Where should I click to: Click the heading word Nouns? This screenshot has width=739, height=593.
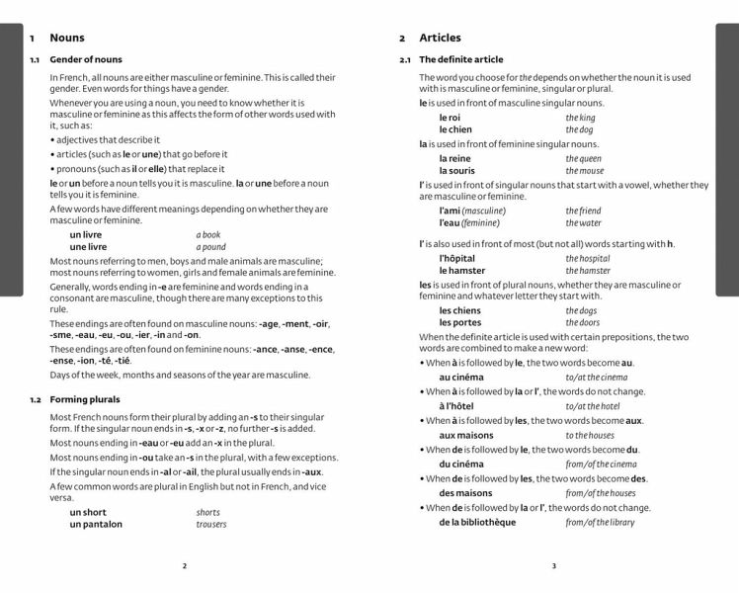(67, 38)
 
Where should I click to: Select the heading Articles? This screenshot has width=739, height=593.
(440, 38)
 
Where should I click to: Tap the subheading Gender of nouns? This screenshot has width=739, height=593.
(86, 59)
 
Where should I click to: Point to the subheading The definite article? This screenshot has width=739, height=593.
(461, 59)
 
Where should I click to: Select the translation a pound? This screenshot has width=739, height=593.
(210, 247)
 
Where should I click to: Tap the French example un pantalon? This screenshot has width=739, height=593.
(96, 524)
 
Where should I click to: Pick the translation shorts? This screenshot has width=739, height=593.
(208, 512)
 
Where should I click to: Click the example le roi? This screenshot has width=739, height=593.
(450, 118)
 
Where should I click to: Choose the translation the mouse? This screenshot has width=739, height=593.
(584, 171)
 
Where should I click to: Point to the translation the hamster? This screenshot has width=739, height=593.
(588, 270)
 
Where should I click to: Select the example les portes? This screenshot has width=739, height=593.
(460, 322)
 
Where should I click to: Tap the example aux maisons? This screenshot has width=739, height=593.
(466, 435)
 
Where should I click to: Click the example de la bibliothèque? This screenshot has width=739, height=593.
(477, 522)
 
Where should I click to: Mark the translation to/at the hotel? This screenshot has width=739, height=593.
(593, 406)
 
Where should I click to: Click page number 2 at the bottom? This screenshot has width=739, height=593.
(184, 566)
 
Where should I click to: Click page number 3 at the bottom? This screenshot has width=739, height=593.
(553, 566)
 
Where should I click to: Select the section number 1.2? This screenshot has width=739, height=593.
(35, 399)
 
